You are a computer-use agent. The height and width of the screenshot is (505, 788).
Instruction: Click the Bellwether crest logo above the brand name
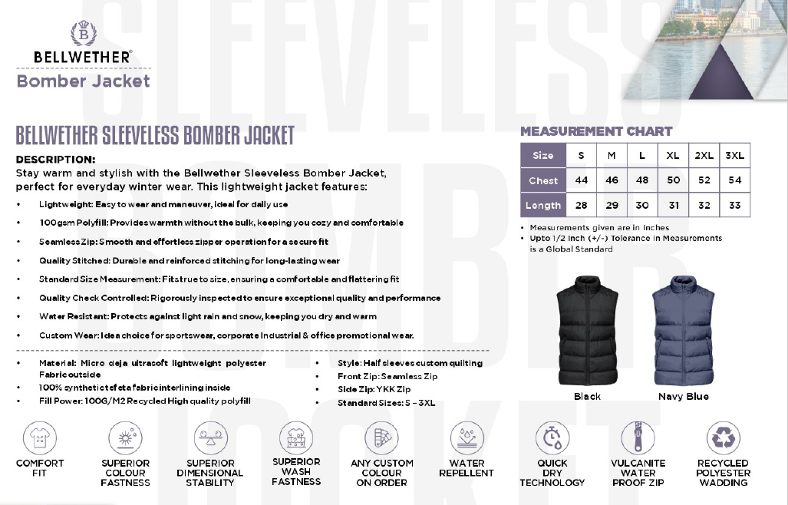(x=83, y=34)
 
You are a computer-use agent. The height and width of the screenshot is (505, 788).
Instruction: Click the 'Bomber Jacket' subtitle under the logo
(x=83, y=81)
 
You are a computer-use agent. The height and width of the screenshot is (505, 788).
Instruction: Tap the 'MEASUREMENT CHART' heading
(x=596, y=131)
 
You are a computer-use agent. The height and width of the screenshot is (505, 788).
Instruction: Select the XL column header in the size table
(x=673, y=156)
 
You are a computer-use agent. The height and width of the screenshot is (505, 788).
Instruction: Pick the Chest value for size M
(x=612, y=180)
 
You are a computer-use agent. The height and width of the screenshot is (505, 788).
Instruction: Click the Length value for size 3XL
(x=734, y=205)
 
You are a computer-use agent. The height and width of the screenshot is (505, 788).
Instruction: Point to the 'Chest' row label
(x=543, y=180)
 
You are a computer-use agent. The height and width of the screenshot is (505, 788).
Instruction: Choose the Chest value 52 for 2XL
(x=704, y=180)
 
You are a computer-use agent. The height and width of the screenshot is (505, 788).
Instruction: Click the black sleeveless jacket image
(x=587, y=331)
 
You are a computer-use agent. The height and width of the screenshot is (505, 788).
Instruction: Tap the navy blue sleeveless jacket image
(x=683, y=331)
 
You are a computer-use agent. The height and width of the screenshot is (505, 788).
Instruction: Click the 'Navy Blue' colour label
(x=683, y=397)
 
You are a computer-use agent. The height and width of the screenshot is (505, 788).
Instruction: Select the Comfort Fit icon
(x=40, y=438)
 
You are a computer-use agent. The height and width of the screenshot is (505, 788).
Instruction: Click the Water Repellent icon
(x=467, y=438)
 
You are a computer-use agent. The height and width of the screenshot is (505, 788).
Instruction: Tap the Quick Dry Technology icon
(x=552, y=438)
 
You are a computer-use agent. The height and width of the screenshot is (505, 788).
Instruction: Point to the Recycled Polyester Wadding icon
(x=723, y=438)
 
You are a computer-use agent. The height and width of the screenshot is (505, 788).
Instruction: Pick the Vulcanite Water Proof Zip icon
(x=638, y=438)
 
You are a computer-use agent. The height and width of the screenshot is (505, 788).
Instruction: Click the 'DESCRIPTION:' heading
(x=55, y=160)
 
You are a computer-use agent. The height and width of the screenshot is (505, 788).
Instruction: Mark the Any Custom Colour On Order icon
(x=381, y=438)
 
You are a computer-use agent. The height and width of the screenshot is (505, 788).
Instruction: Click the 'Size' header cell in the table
(x=543, y=156)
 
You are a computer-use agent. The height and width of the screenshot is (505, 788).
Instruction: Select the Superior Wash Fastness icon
(x=296, y=438)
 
